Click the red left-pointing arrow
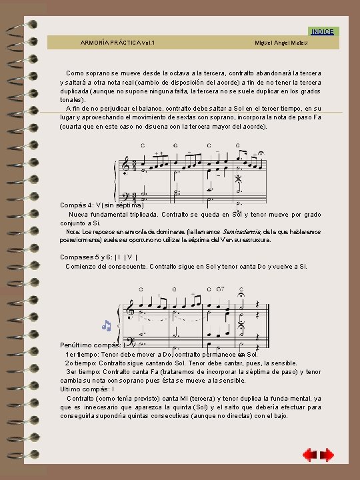(309, 455)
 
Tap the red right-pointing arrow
(327, 455)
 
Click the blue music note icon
(106, 326)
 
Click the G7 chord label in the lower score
(221, 289)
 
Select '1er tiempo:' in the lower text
(81, 354)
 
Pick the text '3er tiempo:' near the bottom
(82, 371)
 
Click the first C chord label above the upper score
(142, 145)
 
